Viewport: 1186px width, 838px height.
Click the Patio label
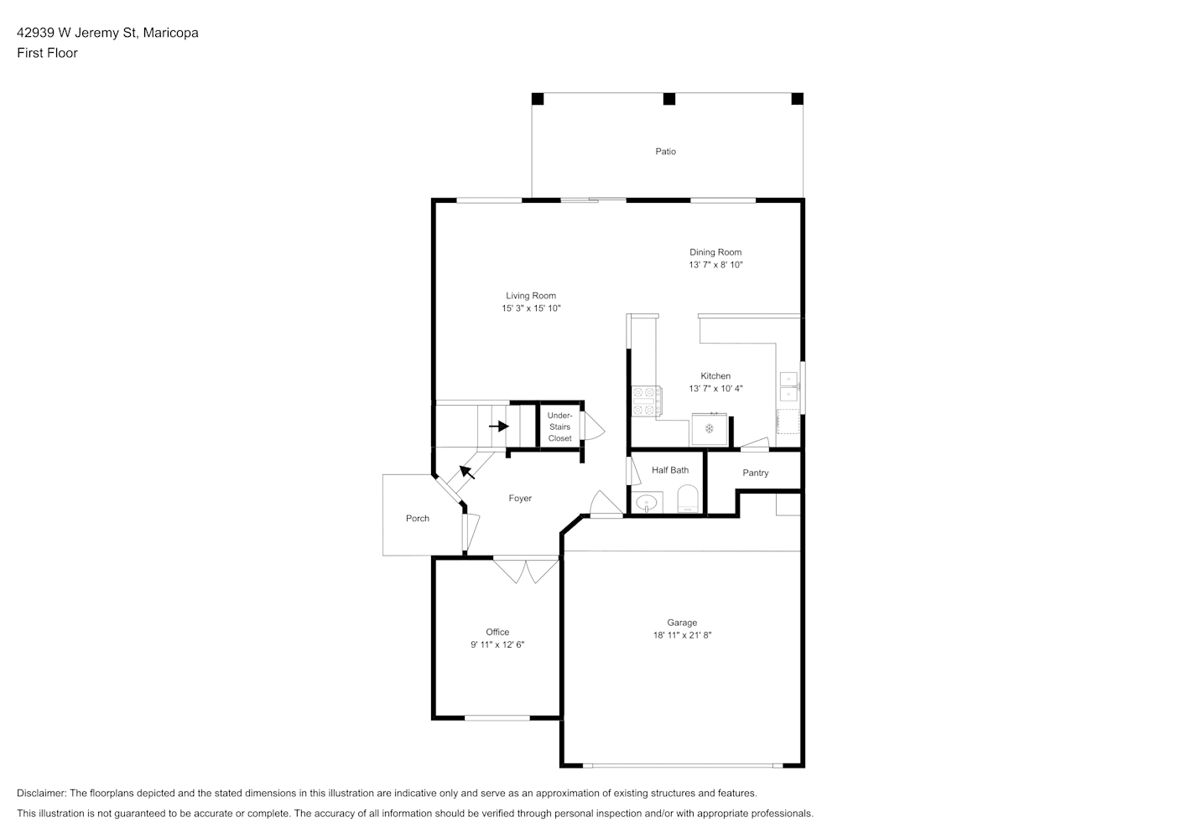pos(665,152)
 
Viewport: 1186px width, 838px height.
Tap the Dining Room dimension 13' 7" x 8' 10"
pos(715,265)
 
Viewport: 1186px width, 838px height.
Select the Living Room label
pos(531,296)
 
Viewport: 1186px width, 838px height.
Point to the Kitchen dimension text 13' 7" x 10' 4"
pos(715,388)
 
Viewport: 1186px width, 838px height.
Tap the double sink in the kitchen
pos(788,386)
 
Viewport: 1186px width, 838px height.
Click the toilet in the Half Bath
pos(688,499)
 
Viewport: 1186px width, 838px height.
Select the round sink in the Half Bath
pos(647,503)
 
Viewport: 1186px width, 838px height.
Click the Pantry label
pos(755,473)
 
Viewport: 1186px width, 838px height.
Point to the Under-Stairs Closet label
pos(559,427)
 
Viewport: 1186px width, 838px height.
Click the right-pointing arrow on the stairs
pos(499,426)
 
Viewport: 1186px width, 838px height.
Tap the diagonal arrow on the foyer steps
pos(467,472)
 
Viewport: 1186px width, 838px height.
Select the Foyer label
pos(520,499)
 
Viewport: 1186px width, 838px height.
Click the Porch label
pos(417,519)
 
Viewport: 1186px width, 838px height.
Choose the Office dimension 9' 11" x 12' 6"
pos(497,644)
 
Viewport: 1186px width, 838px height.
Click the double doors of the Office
pos(526,571)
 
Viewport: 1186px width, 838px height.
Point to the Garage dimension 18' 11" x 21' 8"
pos(682,635)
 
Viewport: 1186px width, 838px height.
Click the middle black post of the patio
pos(669,99)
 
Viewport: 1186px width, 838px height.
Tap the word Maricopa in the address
pos(170,33)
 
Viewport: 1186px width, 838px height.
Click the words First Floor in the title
pos(47,53)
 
